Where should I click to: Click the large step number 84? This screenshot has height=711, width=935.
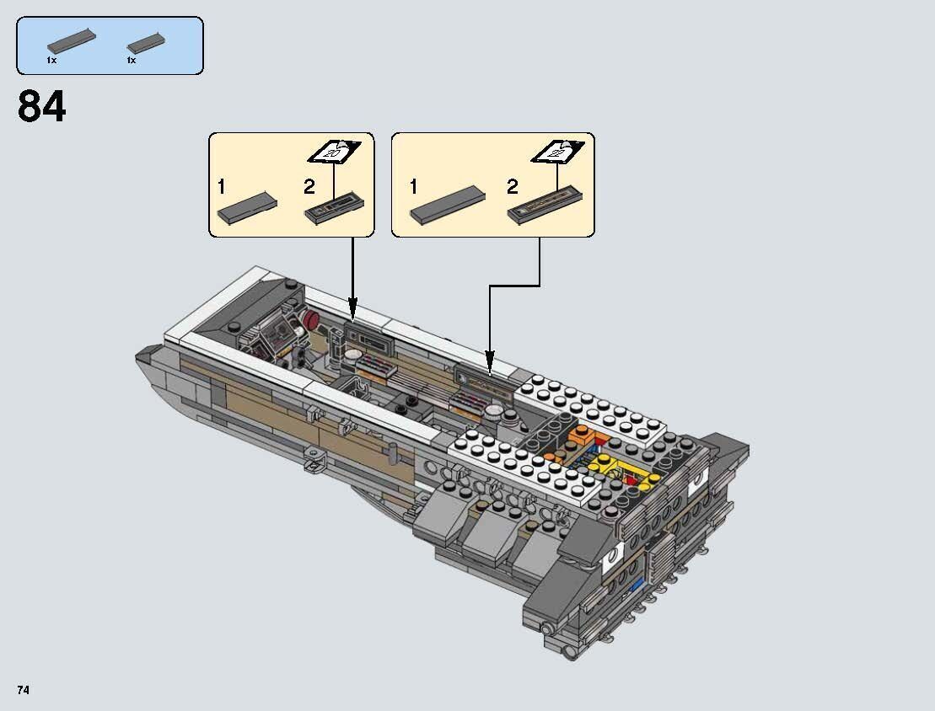pyautogui.click(x=41, y=107)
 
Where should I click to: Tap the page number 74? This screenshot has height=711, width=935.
pyautogui.click(x=23, y=690)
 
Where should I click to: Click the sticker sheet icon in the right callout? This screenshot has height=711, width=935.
pyautogui.click(x=557, y=153)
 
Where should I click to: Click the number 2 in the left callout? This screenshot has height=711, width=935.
pyautogui.click(x=309, y=186)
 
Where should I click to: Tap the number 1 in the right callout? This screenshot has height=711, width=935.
pyautogui.click(x=413, y=186)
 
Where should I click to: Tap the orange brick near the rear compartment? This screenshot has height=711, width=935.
pyautogui.click(x=581, y=437)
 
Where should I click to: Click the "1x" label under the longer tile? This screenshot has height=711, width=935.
pyautogui.click(x=52, y=61)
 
